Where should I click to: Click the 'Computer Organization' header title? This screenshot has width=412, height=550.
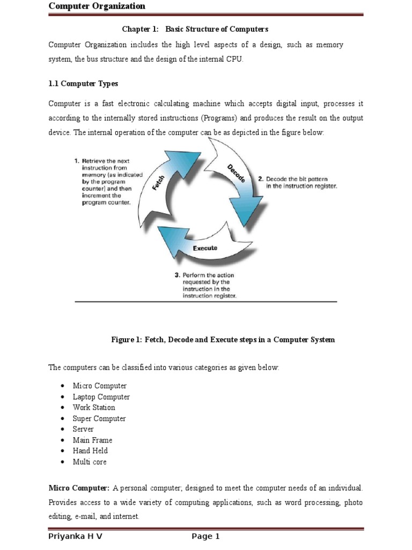[97, 6]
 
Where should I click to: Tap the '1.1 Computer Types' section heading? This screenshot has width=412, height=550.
[83, 84]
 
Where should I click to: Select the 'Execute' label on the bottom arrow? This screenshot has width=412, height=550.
[205, 248]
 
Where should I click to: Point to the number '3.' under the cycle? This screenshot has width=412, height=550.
[177, 275]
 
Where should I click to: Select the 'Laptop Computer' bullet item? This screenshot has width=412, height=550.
[101, 397]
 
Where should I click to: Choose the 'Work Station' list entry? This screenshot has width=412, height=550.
[94, 408]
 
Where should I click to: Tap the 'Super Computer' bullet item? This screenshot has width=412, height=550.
[99, 418]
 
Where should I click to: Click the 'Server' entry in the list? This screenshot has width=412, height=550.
[83, 429]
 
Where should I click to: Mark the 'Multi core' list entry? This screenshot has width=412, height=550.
[90, 462]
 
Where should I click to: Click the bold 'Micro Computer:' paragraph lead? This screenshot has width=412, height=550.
[79, 488]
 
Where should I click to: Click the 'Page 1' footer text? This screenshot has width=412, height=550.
[205, 537]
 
